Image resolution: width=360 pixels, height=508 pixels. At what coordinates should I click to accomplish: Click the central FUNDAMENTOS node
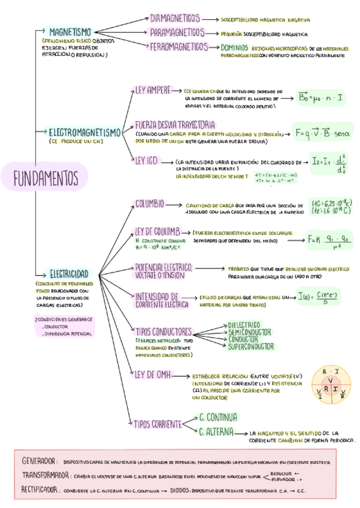point(46,177)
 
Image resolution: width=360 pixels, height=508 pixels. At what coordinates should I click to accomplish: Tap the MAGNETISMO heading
point(70,31)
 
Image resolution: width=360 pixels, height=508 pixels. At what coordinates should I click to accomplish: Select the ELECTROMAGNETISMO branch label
point(84,132)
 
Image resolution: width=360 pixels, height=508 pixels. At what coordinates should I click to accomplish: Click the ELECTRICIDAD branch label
point(69,273)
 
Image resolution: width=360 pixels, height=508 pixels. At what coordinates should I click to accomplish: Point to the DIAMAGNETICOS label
point(175,19)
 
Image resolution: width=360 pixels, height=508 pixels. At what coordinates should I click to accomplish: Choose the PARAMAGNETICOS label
point(177,32)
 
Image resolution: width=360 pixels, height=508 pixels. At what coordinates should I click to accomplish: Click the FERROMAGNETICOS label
point(179,46)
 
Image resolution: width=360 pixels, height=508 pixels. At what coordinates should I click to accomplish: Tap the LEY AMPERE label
point(153,90)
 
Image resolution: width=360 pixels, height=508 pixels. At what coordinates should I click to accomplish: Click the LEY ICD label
point(146,161)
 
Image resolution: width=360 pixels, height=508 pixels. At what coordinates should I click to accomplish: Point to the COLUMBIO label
point(149,204)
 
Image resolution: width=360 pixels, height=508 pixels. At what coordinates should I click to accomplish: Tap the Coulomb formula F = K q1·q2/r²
point(328,240)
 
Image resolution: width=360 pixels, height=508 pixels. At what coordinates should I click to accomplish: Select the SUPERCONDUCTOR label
point(251,346)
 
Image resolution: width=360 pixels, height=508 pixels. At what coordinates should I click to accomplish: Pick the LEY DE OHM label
point(152,375)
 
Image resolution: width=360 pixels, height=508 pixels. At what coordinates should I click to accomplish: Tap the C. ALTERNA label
point(216,431)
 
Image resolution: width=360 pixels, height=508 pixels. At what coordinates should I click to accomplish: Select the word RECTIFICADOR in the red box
point(41,490)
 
